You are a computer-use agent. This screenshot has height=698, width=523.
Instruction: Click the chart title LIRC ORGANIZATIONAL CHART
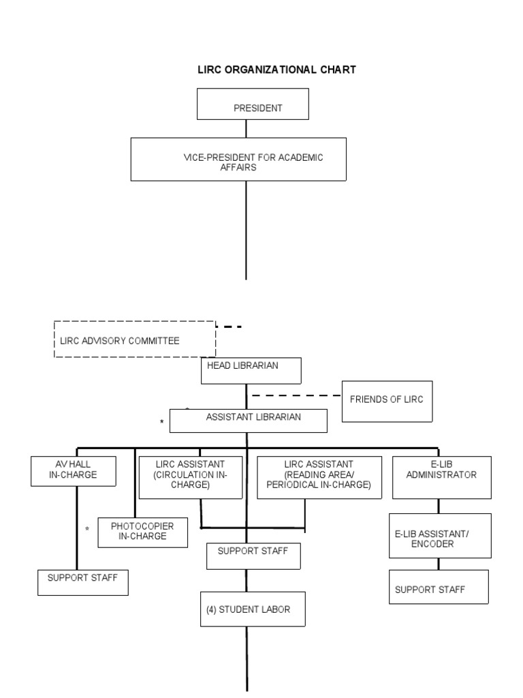pyautogui.click(x=276, y=70)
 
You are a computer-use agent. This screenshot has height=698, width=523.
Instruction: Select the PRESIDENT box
pyautogui.click(x=253, y=108)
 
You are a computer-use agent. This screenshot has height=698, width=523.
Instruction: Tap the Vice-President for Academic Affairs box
pyautogui.click(x=238, y=160)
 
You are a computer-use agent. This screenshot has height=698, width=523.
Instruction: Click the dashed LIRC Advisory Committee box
pyautogui.click(x=135, y=339)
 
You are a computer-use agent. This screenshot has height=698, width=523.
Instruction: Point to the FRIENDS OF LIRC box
pyautogui.click(x=386, y=400)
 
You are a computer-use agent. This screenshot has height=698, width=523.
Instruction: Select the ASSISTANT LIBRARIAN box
pyautogui.click(x=248, y=421)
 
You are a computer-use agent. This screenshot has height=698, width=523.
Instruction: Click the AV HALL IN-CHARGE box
pyautogui.click(x=73, y=470)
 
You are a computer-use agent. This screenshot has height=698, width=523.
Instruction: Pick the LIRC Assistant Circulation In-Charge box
pyautogui.click(x=191, y=474)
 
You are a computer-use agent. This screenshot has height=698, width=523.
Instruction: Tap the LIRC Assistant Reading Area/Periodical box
pyautogui.click(x=318, y=474)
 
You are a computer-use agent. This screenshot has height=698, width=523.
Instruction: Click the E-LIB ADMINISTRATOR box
pyautogui.click(x=441, y=476)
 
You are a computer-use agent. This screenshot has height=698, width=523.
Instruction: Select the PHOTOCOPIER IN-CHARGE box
pyautogui.click(x=142, y=532)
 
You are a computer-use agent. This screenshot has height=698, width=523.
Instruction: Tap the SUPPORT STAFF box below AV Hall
pyautogui.click(x=82, y=582)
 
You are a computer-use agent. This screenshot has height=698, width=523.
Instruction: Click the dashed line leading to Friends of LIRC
pyautogui.click(x=296, y=395)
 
